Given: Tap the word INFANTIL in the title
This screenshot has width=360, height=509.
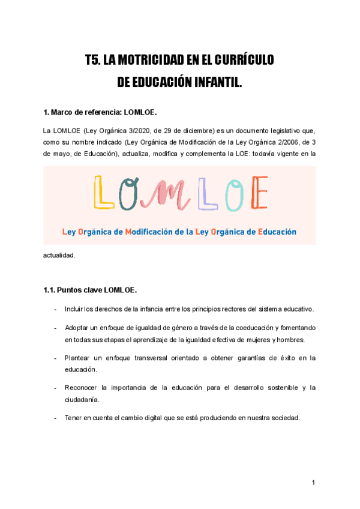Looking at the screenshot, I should (x=213, y=81).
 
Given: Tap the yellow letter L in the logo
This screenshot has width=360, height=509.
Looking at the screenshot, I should (x=104, y=193).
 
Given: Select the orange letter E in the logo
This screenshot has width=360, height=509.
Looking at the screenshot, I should (x=257, y=193).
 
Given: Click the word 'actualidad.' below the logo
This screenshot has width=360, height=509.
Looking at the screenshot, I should (x=60, y=255).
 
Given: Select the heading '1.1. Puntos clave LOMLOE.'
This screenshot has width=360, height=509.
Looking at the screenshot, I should (x=90, y=291).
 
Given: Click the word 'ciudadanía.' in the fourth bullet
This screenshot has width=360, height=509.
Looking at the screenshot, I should (x=82, y=399).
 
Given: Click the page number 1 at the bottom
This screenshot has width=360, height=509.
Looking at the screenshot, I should (x=313, y=483).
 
